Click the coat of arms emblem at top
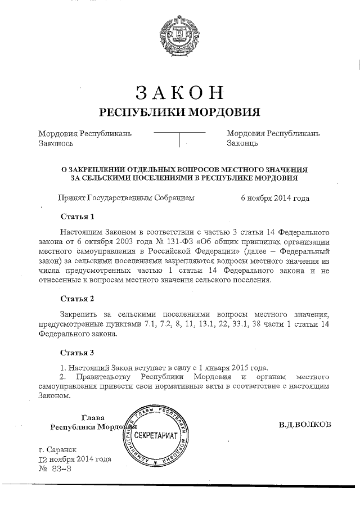coord(179,34)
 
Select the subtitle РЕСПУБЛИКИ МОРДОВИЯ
coord(179,112)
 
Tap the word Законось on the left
coord(56,143)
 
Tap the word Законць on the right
coord(242,143)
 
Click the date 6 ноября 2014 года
coord(275,198)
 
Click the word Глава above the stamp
coord(93,417)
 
